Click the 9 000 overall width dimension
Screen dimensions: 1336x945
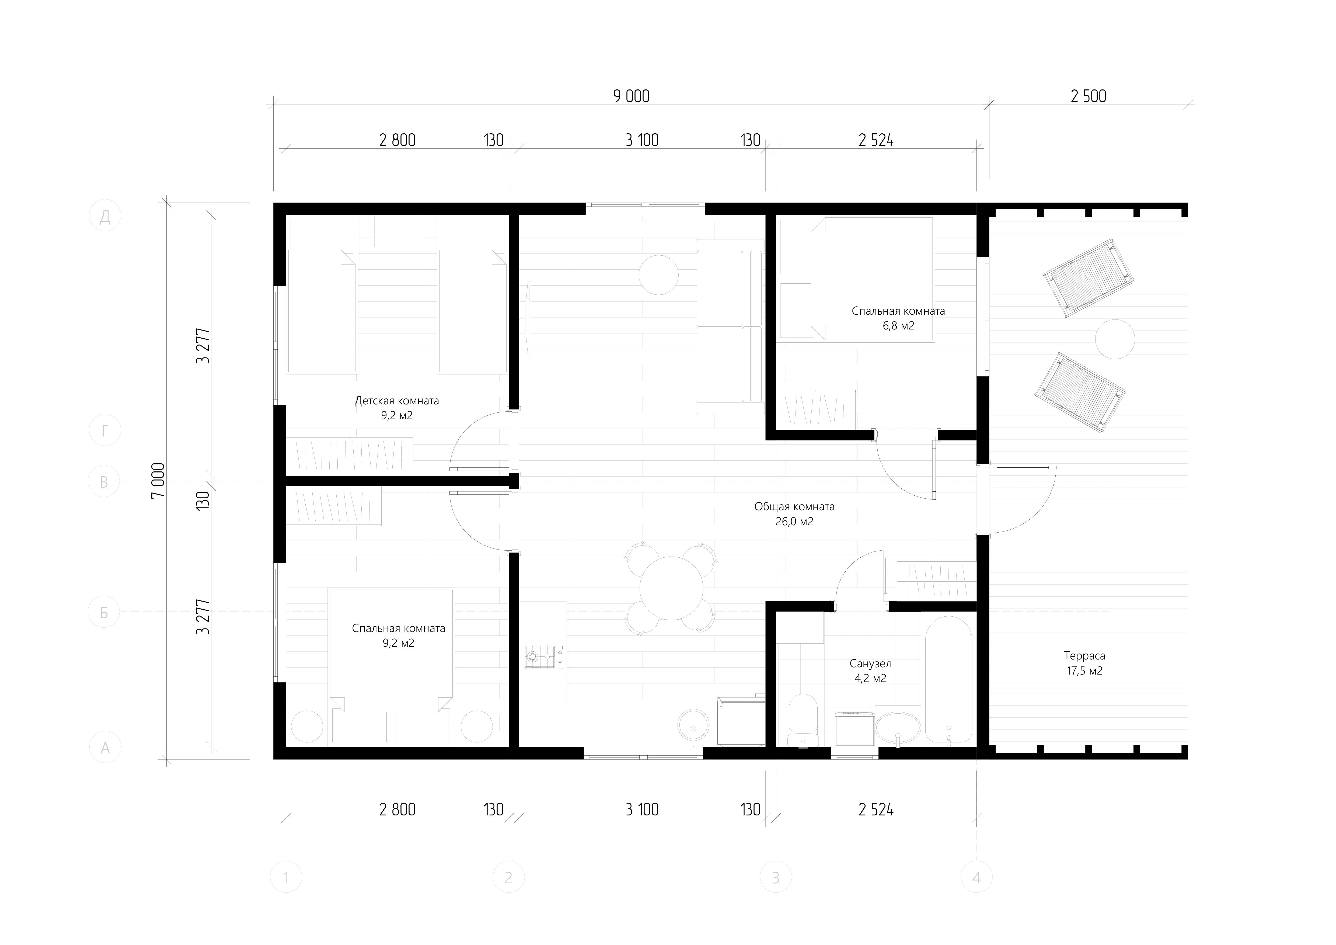pyautogui.click(x=631, y=96)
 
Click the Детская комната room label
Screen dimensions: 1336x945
pyautogui.click(x=397, y=401)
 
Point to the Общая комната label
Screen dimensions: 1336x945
pyautogui.click(x=794, y=507)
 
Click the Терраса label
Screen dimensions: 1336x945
pyautogui.click(x=1085, y=656)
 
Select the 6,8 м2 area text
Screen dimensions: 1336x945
pyautogui.click(x=898, y=326)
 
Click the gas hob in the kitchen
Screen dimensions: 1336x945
pyautogui.click(x=543, y=656)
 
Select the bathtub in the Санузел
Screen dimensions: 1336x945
pyautogui.click(x=948, y=680)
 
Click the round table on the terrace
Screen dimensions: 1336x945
pyautogui.click(x=1115, y=339)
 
